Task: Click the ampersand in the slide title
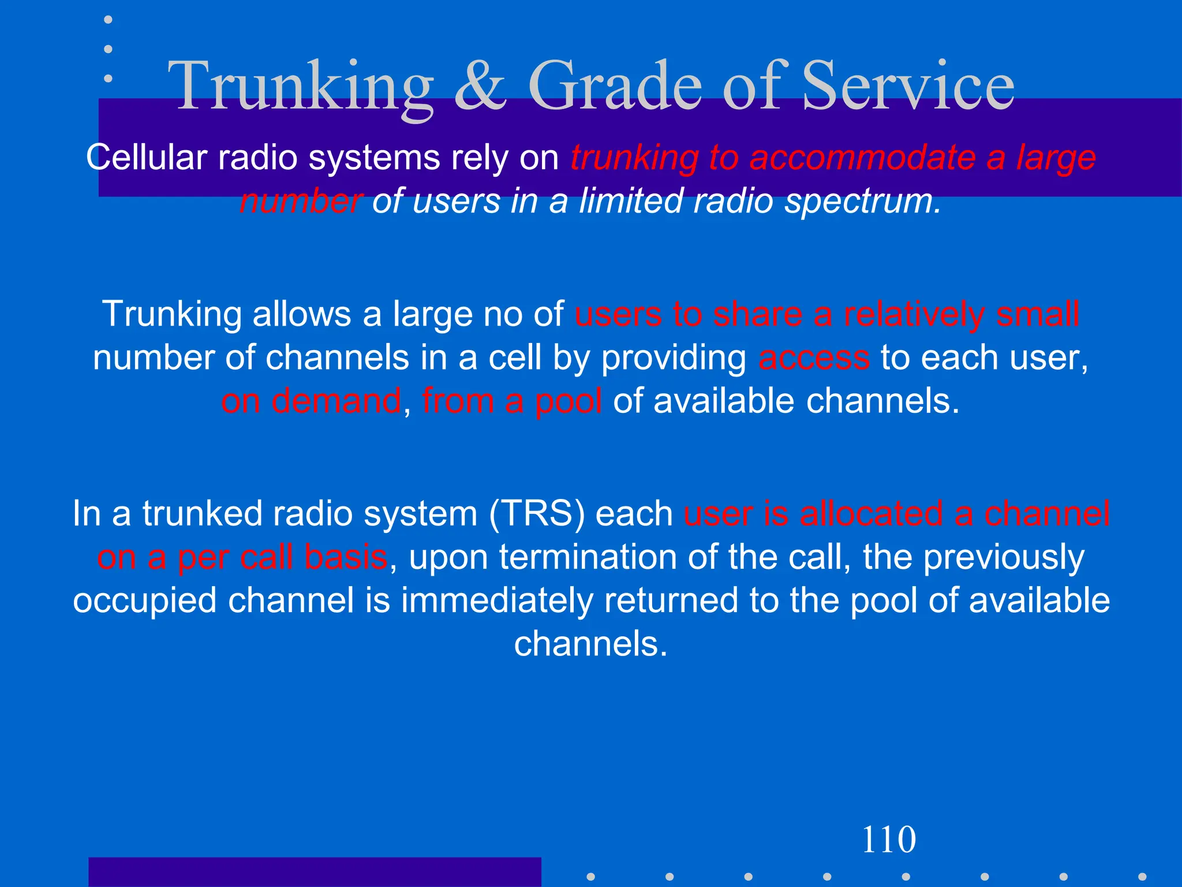coord(480,87)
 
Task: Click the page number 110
coord(888,840)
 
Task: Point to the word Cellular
coord(147,157)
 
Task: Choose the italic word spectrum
coord(863,201)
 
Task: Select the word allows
coord(302,314)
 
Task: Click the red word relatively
coord(914,314)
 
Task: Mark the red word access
coord(814,358)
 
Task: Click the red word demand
coord(336,401)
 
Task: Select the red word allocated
coord(871,513)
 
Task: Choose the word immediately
coord(497,601)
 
